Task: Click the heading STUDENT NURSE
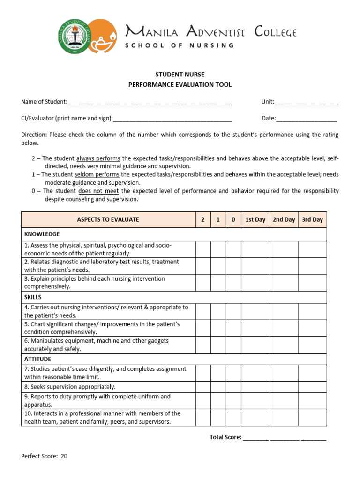tap(180, 75)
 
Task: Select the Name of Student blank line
tap(150, 102)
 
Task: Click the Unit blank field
tap(307, 102)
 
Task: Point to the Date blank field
tap(307, 119)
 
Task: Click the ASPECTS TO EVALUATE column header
tap(108, 219)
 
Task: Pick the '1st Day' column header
tap(255, 219)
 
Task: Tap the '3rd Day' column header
tap(312, 219)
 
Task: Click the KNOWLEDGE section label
tap(42, 234)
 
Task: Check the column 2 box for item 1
tap(202, 249)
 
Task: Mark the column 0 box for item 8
tap(233, 387)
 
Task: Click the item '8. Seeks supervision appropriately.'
tap(70, 387)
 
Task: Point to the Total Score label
tap(225, 437)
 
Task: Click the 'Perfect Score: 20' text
tap(45, 456)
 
